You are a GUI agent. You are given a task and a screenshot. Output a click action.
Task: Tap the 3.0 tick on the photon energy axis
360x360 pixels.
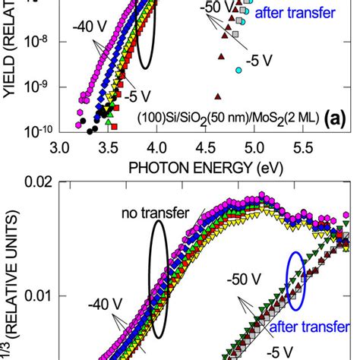(61, 146)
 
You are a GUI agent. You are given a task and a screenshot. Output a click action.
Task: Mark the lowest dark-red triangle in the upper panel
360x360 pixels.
(218, 96)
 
